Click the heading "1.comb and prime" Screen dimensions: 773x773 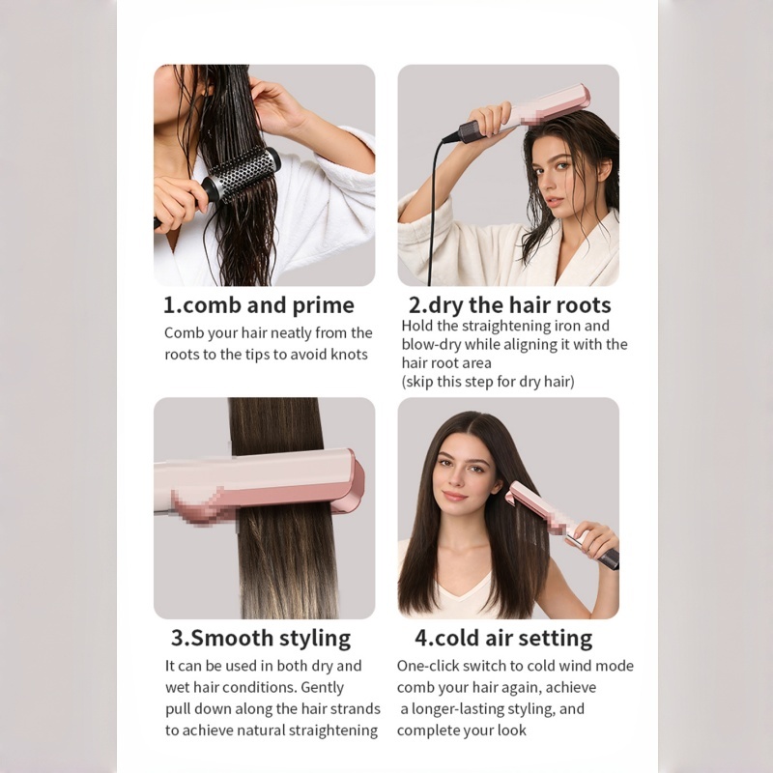(x=258, y=305)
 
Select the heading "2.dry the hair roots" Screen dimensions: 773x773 (x=510, y=304)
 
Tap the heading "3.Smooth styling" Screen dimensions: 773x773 (x=261, y=638)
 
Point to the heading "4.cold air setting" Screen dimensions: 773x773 (x=503, y=638)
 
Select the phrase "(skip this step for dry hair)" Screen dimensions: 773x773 (x=488, y=382)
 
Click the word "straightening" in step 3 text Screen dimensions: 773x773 (x=332, y=730)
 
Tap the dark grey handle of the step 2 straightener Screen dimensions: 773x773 (x=474, y=131)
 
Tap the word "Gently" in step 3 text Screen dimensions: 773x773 (x=323, y=688)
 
